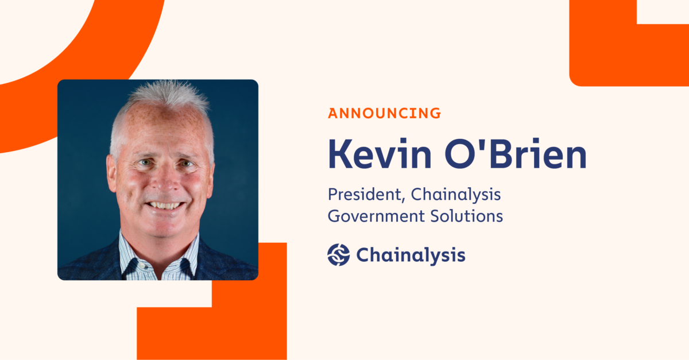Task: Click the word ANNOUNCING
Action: pos(384,113)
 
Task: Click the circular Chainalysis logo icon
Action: pos(339,254)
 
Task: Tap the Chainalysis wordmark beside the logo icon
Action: pos(411,254)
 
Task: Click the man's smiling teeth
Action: pos(164,204)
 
